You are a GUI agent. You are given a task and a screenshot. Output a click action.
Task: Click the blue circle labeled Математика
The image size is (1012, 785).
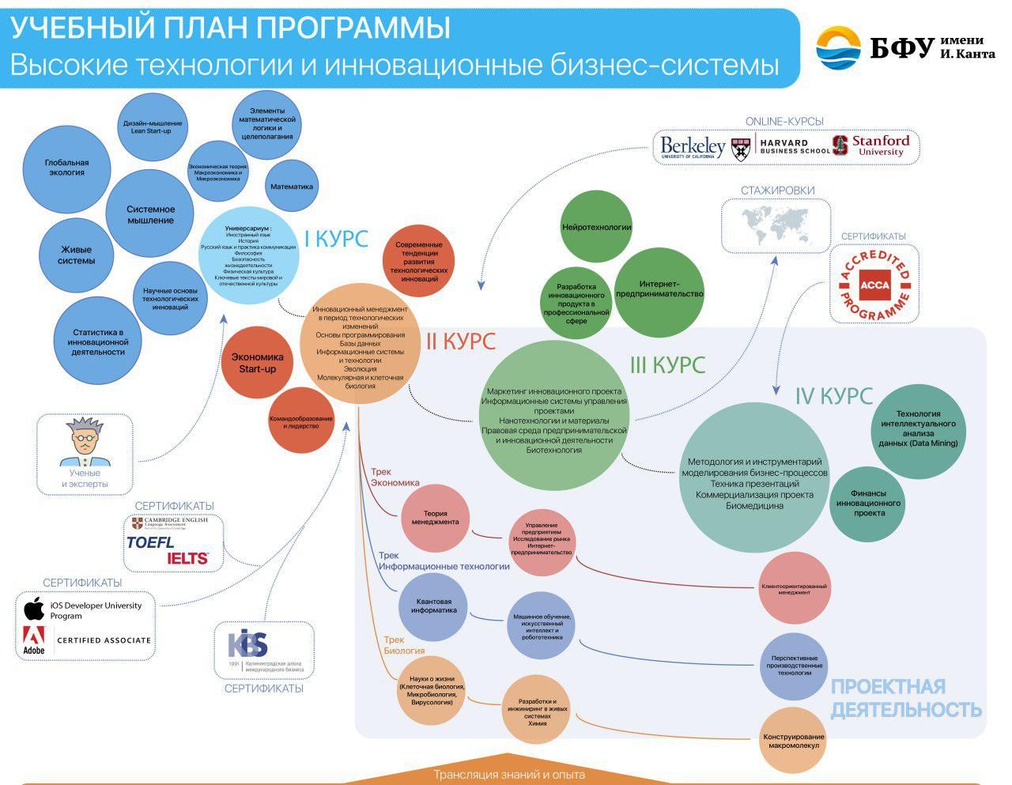point(291,187)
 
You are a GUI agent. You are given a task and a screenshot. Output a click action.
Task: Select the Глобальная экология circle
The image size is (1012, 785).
point(66,168)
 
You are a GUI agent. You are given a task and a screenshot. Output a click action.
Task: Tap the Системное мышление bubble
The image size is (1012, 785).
point(150,214)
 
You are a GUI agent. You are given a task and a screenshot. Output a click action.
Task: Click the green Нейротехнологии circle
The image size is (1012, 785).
point(596,228)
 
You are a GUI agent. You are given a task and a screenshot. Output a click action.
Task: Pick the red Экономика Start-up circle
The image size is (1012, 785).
point(257,364)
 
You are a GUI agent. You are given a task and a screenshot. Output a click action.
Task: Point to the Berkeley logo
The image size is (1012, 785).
point(693,148)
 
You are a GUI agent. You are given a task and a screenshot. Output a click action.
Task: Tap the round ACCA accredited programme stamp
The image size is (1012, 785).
point(874,285)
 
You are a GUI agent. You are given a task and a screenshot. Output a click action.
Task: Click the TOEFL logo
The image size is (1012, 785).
point(151,543)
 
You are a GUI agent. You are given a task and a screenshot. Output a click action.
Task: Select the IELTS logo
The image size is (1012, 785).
point(187,558)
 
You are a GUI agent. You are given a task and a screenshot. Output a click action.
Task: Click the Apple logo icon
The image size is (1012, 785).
point(34,609)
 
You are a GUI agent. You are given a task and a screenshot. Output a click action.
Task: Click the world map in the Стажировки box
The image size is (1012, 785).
point(776,225)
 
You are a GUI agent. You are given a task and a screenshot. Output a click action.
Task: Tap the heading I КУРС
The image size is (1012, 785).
point(336,239)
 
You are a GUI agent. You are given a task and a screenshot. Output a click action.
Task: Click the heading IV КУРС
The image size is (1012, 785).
point(833,395)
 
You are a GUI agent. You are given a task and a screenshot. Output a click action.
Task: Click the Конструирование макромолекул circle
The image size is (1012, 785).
point(793,741)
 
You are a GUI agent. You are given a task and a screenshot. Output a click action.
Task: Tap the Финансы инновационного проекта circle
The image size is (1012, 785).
point(868,503)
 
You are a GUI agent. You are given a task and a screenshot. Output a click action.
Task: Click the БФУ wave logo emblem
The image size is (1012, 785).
point(838,48)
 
